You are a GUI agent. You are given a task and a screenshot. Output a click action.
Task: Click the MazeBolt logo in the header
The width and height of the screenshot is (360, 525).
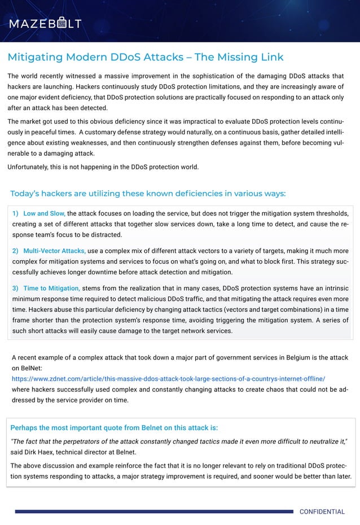pos(45,23)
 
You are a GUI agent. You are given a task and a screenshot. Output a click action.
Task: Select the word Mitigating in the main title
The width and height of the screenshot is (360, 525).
pos(35,57)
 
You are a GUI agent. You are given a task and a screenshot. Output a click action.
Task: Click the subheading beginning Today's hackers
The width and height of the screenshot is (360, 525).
pos(148,194)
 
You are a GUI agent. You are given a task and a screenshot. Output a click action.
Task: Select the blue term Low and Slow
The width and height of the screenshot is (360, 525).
pos(44,213)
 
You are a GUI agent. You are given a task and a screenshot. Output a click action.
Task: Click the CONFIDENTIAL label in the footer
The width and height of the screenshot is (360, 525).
pos(322,512)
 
